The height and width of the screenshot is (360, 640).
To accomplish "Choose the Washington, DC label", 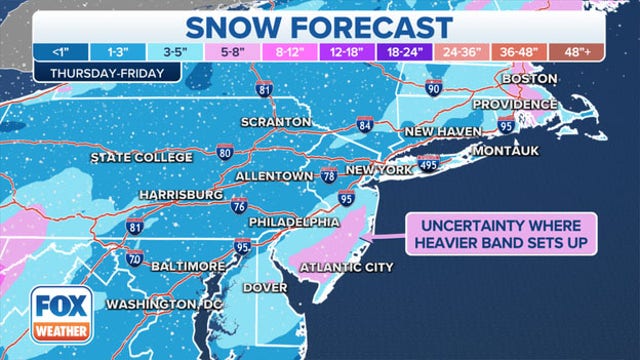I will coord(164,304).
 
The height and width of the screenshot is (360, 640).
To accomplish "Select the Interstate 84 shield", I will coord(366,126).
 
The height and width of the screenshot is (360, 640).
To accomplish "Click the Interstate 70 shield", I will coord(135,259).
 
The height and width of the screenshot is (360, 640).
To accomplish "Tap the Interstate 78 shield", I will coord(329,177).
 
